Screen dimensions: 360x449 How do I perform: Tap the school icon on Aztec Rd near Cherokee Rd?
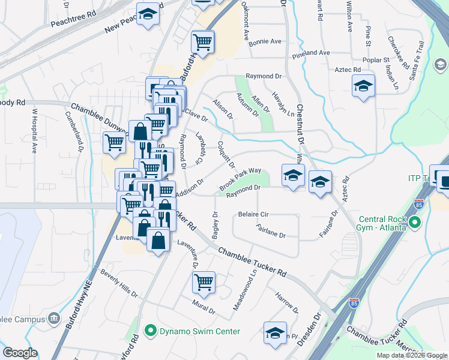click(363, 86)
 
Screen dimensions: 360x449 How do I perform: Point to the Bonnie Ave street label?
click(265, 42)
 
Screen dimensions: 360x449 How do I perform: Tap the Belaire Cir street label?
click(253, 214)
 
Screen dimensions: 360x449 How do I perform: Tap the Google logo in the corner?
click(20, 353)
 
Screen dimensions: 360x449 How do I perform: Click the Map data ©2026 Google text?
click(411, 355)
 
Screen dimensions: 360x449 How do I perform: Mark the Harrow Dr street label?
click(286, 302)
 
